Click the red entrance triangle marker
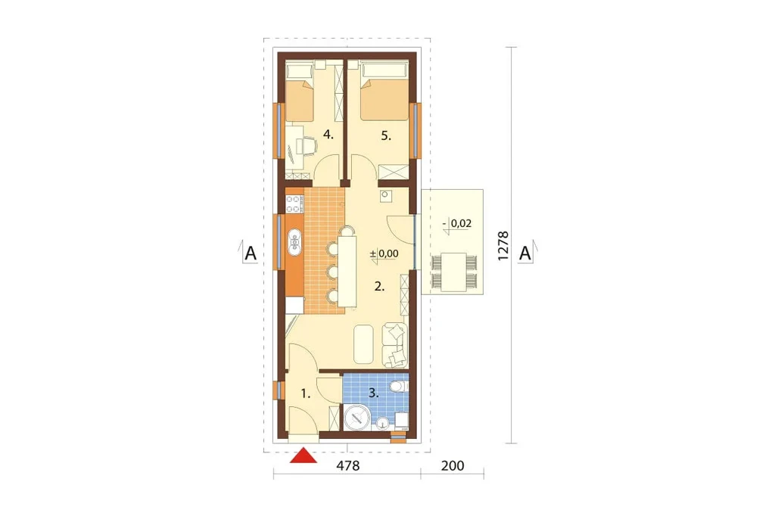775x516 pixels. pyautogui.click(x=303, y=456)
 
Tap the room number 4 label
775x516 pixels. pyautogui.click(x=328, y=134)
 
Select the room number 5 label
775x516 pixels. pyautogui.click(x=386, y=136)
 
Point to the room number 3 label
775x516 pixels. pyautogui.click(x=374, y=393)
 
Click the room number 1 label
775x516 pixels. pyautogui.click(x=306, y=394)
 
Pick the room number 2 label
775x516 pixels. pyautogui.click(x=379, y=286)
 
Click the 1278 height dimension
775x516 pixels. pyautogui.click(x=503, y=246)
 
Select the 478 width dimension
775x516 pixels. pyautogui.click(x=348, y=465)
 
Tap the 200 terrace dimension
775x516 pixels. pyautogui.click(x=453, y=465)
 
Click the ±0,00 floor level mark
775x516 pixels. pyautogui.click(x=384, y=254)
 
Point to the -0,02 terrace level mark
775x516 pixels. pyautogui.click(x=457, y=224)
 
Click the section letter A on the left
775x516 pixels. pyautogui.click(x=251, y=253)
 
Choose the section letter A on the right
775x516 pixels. pyautogui.click(x=525, y=253)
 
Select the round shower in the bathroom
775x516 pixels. pyautogui.click(x=357, y=418)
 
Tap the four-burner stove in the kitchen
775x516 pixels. pyautogui.click(x=294, y=204)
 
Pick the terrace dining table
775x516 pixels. pyautogui.click(x=454, y=272)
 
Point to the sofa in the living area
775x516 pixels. pyautogui.click(x=395, y=345)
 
